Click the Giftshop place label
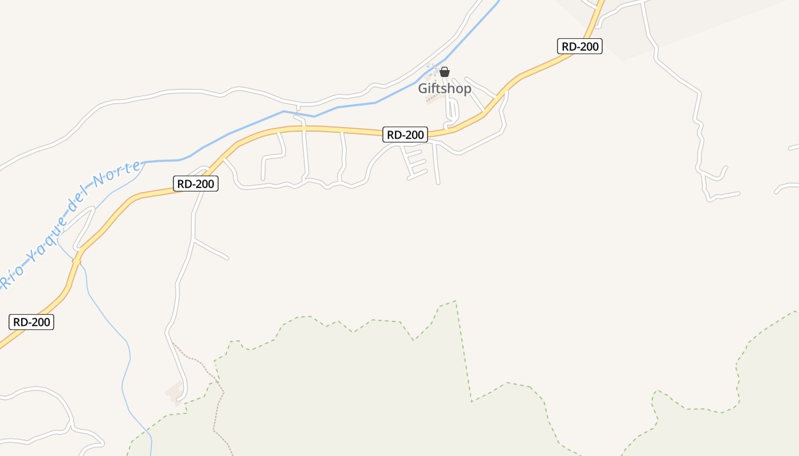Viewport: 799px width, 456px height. point(445,88)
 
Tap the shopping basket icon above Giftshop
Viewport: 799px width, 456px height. point(445,72)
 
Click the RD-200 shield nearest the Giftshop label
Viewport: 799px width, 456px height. point(405,135)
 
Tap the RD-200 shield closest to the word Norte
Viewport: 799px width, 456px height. point(196,184)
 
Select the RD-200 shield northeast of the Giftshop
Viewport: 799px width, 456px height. point(579,46)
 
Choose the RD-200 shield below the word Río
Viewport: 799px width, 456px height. point(32,322)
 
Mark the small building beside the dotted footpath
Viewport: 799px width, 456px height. point(175,393)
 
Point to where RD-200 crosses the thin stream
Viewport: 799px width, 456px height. point(76,260)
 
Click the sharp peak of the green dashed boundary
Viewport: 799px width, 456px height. point(455,301)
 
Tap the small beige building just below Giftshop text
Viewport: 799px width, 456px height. point(433,99)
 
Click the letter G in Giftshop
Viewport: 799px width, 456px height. point(423,88)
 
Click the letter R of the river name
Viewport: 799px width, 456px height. point(5,282)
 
